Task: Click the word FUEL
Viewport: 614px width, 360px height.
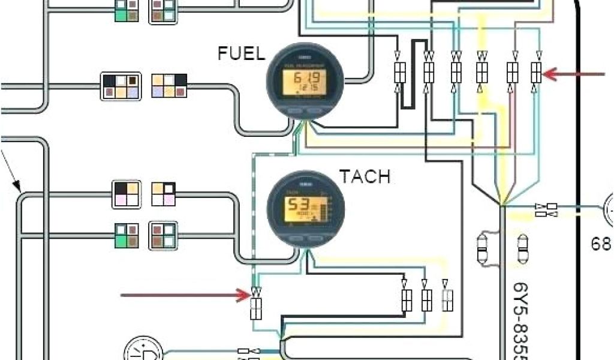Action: click(x=241, y=54)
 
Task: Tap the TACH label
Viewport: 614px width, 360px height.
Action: click(x=365, y=176)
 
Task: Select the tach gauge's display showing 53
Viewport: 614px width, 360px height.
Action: click(x=305, y=206)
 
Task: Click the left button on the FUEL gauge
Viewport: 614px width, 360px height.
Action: click(x=293, y=112)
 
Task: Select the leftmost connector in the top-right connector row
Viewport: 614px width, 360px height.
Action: click(x=399, y=73)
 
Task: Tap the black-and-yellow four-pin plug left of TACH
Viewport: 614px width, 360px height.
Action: click(x=127, y=194)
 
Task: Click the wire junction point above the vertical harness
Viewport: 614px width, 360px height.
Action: click(x=502, y=206)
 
